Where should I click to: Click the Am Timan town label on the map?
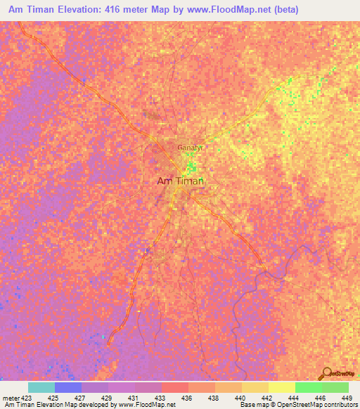tap(179, 181)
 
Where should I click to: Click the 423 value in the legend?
tap(25, 398)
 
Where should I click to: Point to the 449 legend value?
tap(347, 398)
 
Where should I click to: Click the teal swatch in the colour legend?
tap(41, 387)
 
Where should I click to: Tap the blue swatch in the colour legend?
tap(68, 387)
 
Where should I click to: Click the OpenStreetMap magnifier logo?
tap(328, 372)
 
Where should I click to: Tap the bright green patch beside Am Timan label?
tap(191, 168)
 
